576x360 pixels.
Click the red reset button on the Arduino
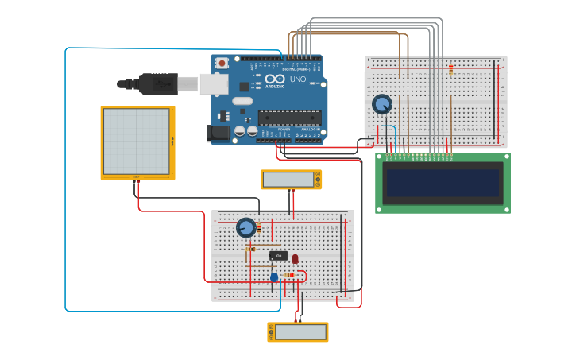click(x=222, y=63)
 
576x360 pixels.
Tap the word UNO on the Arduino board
click(x=296, y=79)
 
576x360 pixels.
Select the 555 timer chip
click(x=278, y=255)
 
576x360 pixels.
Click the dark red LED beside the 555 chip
click(x=296, y=258)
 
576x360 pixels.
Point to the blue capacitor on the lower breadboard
click(x=274, y=277)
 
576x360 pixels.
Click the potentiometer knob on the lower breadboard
click(x=246, y=228)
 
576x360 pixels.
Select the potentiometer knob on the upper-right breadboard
click(x=382, y=104)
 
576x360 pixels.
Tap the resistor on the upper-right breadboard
click(x=450, y=70)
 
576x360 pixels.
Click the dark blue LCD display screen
click(x=443, y=182)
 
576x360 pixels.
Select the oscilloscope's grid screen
click(x=136, y=141)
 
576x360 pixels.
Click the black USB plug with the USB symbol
click(x=158, y=83)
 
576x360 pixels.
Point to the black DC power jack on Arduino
click(x=217, y=134)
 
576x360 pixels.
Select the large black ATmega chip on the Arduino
click(x=289, y=118)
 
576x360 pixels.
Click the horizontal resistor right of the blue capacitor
click(x=290, y=275)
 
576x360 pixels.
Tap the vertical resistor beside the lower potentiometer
click(x=259, y=227)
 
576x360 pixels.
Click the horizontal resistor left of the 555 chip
click(x=250, y=249)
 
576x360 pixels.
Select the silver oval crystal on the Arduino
click(x=243, y=101)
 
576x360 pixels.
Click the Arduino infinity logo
click(x=275, y=79)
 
